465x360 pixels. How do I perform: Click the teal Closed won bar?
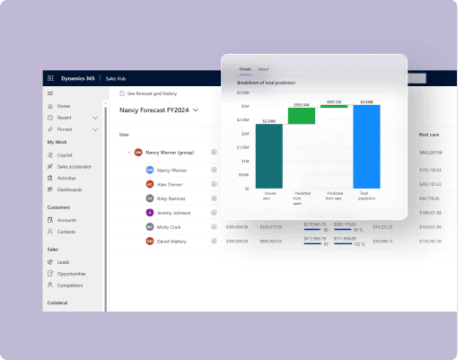[x=269, y=156]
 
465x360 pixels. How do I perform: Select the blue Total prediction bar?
[x=366, y=147]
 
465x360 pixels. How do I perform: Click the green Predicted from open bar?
[x=302, y=116]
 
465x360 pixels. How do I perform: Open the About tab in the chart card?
[x=263, y=69]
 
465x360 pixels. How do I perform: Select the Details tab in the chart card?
[x=245, y=69]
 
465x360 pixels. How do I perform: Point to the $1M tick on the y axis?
[x=244, y=161]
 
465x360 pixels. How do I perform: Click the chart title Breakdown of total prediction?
[x=268, y=83]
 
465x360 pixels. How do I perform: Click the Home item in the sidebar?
[x=63, y=106]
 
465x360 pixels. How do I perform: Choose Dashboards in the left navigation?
[x=69, y=189]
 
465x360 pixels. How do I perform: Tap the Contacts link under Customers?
[x=66, y=231]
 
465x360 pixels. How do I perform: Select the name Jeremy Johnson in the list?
[x=174, y=213]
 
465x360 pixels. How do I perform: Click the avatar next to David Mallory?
[x=149, y=241]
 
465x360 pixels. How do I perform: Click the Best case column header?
[x=429, y=135]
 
